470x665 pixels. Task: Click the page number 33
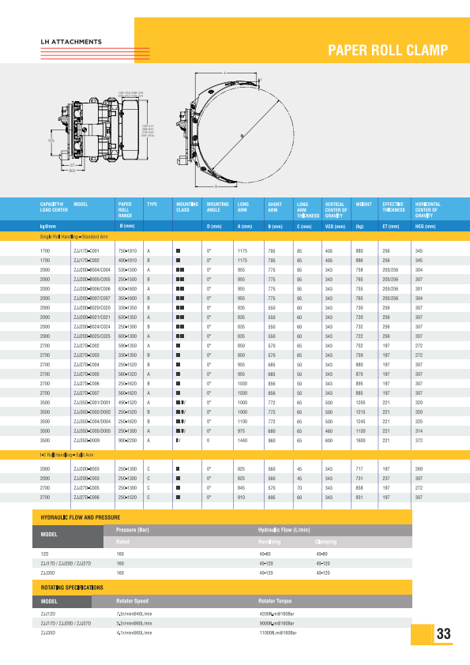(x=443, y=633)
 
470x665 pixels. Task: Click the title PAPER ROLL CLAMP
(x=388, y=51)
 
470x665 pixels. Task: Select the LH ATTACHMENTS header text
(x=71, y=41)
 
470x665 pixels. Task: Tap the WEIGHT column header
(x=364, y=205)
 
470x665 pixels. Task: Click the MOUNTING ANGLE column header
(x=217, y=208)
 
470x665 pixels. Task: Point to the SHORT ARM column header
(x=275, y=208)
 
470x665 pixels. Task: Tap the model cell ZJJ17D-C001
(x=85, y=250)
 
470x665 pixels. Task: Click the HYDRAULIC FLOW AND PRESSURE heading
(x=80, y=517)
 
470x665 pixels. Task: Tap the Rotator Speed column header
(x=132, y=600)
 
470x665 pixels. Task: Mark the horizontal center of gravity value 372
(x=419, y=440)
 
